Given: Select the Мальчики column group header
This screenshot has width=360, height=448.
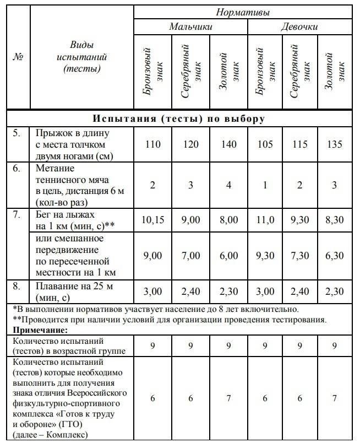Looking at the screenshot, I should pyautogui.click(x=190, y=27).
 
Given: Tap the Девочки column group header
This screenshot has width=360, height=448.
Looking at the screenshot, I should pyautogui.click(x=299, y=27).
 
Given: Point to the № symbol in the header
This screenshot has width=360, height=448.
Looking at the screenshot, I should pyautogui.click(x=17, y=58).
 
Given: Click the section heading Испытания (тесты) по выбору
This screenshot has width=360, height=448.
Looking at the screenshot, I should pyautogui.click(x=179, y=119).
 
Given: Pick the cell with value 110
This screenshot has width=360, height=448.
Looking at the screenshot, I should pyautogui.click(x=152, y=144).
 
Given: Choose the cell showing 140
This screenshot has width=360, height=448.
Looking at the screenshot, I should pyautogui.click(x=228, y=144).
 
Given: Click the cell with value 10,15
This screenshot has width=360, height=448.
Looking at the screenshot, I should pyautogui.click(x=152, y=220).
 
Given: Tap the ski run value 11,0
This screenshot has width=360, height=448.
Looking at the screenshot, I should pyautogui.click(x=265, y=220).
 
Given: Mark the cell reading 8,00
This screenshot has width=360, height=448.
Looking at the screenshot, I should pyautogui.click(x=228, y=220).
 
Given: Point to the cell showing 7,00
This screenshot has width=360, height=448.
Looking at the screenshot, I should pyautogui.click(x=190, y=256).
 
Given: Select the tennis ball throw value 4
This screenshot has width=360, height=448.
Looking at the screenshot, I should pyautogui.click(x=228, y=185).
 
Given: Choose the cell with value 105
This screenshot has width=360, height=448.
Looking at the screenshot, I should pyautogui.click(x=265, y=144).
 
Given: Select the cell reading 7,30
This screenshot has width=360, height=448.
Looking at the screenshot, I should pyautogui.click(x=299, y=256).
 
